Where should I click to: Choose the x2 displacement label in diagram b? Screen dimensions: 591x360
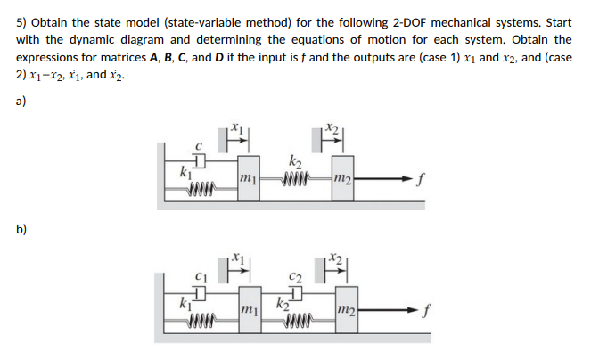pyautogui.click(x=331, y=259)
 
